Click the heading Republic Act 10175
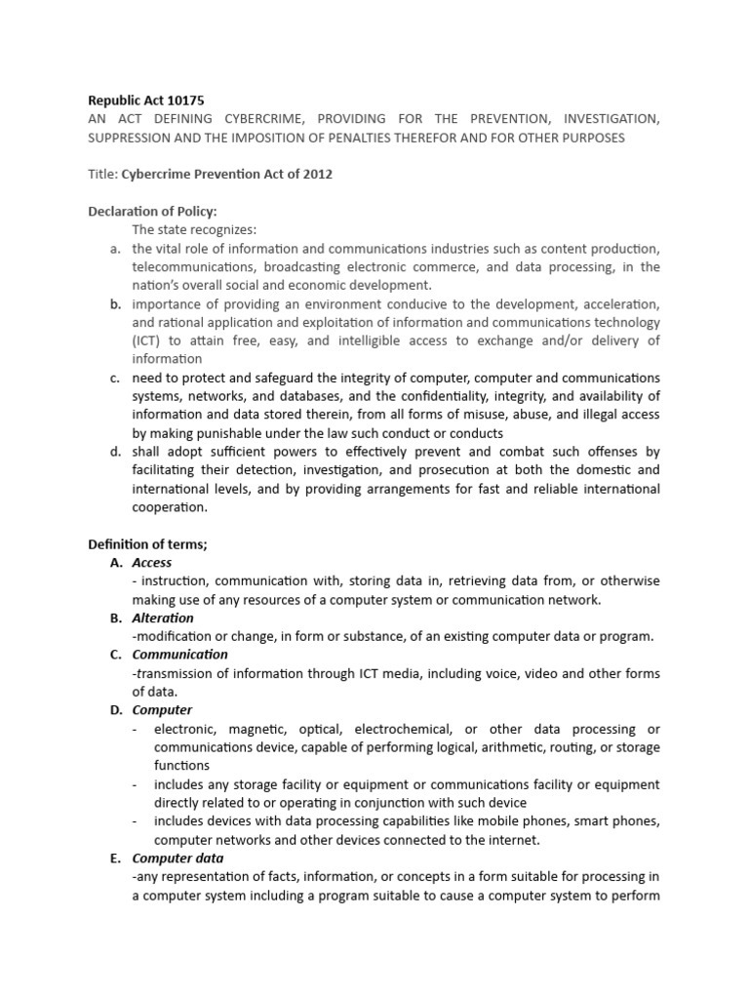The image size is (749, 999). click(146, 100)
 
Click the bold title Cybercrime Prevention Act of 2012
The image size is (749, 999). click(226, 175)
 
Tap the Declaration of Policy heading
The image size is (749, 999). click(153, 212)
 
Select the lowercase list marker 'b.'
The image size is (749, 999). click(114, 304)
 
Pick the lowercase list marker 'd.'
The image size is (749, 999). click(114, 452)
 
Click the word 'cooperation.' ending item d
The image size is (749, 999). click(170, 507)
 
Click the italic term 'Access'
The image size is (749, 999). click(152, 563)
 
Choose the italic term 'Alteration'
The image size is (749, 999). click(163, 618)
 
